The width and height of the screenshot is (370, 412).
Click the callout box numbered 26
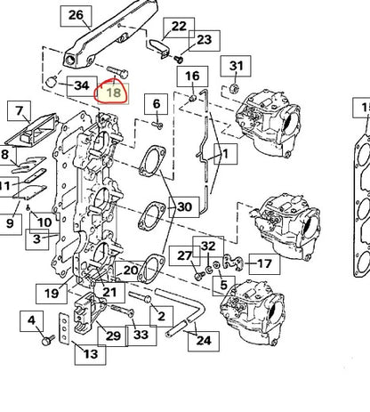76,15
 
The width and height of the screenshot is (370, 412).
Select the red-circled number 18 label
114,93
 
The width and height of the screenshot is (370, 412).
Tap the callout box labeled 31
236,66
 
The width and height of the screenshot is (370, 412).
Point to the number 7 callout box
20,110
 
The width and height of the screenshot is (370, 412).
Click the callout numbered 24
204,341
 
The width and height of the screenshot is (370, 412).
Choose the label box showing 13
91,354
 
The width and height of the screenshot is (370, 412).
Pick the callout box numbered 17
264,263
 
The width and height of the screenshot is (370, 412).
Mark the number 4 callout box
31,321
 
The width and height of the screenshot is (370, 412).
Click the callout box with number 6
157,104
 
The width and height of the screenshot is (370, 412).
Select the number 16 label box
192,77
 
